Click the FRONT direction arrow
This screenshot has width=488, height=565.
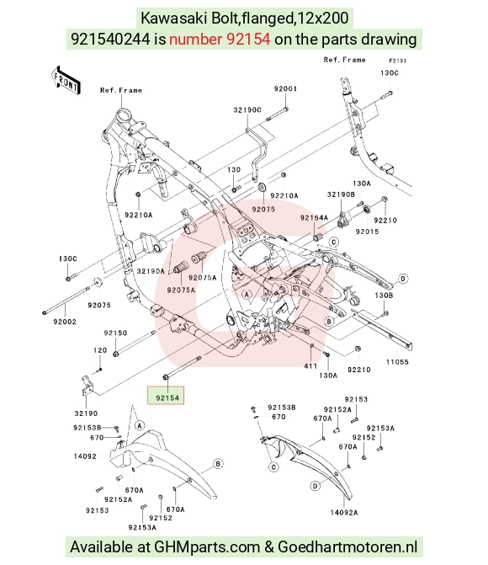(x=66, y=80)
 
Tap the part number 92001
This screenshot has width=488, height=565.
(x=285, y=88)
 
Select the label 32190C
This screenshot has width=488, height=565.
(x=247, y=110)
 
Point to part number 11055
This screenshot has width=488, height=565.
(x=397, y=362)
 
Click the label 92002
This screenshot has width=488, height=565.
(x=65, y=322)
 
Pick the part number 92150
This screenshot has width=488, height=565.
(x=115, y=333)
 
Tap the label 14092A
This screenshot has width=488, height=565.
(x=344, y=513)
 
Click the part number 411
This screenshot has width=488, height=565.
(x=310, y=366)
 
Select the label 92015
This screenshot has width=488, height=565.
(x=367, y=232)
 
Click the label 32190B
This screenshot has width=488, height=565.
(x=341, y=195)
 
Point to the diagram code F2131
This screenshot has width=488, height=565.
(x=397, y=61)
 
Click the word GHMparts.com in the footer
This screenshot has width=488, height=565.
(x=207, y=547)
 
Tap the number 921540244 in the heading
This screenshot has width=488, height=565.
(x=110, y=39)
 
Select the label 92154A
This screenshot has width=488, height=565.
(x=314, y=217)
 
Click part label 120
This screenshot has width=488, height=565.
(x=100, y=350)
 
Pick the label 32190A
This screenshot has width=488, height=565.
(x=151, y=271)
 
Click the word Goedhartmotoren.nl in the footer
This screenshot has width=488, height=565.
(x=347, y=547)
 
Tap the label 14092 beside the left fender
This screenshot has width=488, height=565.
(x=85, y=456)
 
